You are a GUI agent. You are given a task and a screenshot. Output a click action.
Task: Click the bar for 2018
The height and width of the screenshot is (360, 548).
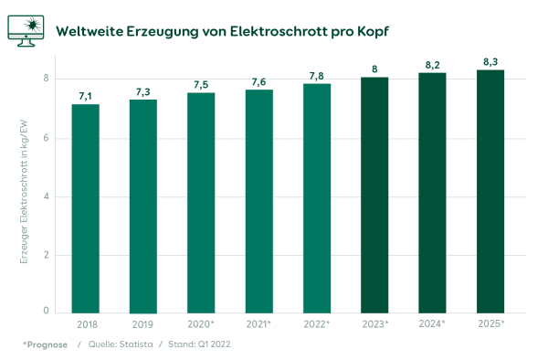coord(85,208)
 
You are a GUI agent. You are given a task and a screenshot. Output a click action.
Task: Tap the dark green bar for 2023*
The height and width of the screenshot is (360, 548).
coord(374,195)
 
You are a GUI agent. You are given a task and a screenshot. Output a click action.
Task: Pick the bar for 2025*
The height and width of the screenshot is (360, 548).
coord(490,191)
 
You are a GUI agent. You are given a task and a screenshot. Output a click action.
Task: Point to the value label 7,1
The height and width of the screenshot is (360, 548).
coord(85,95)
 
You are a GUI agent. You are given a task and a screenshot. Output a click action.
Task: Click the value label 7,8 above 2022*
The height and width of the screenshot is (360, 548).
coord(317,75)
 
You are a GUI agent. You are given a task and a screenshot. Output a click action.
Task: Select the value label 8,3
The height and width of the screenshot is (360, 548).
coord(490,61)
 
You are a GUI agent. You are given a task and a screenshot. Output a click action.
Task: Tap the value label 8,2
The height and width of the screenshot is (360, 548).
coord(433,65)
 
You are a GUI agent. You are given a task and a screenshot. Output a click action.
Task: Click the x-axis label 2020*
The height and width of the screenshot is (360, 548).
coord(201,324)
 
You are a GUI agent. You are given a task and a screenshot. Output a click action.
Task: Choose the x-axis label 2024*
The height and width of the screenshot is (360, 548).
coord(433,324)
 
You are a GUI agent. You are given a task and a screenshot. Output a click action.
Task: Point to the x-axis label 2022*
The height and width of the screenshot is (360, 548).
coord(317,324)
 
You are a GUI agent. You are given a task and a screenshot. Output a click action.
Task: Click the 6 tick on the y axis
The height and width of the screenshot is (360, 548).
coord(45,138)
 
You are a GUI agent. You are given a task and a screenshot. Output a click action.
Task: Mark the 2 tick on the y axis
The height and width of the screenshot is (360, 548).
coord(45,255)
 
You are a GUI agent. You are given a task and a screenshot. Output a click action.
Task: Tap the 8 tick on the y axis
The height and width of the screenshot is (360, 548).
coord(45,79)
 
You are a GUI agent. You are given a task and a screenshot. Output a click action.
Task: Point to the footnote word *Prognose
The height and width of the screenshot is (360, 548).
coord(45,344)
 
